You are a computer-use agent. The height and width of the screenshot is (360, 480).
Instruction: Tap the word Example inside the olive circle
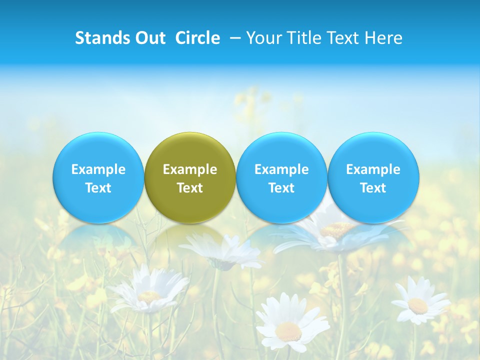click(190, 169)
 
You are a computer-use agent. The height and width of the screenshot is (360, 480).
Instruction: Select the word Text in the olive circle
click(190, 188)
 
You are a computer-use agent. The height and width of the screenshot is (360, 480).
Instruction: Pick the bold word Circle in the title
click(197, 38)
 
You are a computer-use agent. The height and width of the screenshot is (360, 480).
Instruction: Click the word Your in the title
click(263, 38)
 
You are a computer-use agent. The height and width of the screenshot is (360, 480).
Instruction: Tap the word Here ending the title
click(385, 38)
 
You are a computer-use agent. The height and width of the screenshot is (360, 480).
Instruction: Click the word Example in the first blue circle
click(98, 169)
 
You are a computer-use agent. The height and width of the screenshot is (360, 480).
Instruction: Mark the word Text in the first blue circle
click(98, 188)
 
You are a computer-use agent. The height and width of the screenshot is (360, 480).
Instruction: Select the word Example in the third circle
click(281, 169)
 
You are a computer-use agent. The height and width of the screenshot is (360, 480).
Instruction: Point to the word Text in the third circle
click(281, 188)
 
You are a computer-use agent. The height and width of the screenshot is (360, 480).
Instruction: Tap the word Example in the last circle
click(373, 169)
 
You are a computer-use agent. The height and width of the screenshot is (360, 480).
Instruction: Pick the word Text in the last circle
click(373, 188)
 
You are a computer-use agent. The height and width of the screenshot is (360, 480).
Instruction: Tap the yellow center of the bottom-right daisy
click(417, 305)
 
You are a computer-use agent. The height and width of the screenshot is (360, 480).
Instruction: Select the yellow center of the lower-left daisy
click(148, 296)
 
